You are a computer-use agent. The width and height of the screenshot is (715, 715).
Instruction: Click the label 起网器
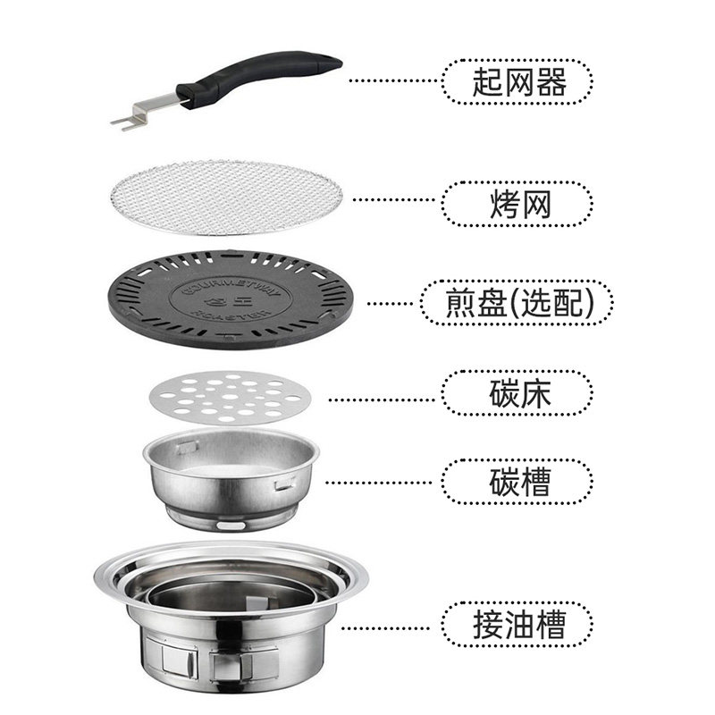517,83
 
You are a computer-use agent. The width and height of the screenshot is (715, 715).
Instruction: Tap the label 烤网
517,205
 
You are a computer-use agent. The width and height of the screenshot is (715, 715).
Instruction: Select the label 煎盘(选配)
517,303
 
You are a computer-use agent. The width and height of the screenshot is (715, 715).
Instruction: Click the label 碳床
517,393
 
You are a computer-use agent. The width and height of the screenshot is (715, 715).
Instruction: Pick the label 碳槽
517,482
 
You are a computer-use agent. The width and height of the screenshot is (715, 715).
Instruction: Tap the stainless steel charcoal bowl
231,478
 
